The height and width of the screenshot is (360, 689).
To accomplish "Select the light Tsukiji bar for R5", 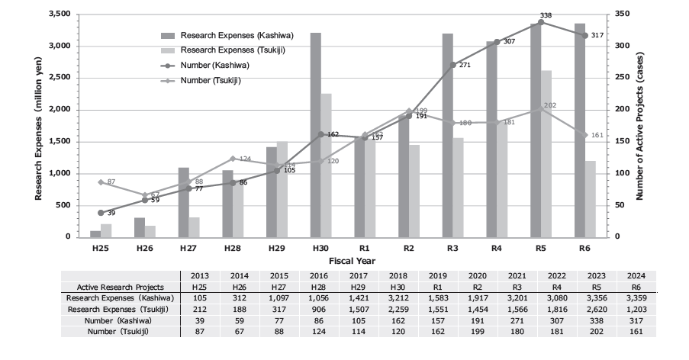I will click(546, 153).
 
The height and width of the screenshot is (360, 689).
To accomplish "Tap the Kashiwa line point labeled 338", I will click(540, 22).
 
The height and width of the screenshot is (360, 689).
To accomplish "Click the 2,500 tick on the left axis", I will click(59, 78).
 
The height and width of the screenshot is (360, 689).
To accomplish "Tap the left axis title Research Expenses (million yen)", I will click(37, 126).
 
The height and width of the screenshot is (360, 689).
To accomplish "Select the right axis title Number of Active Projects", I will click(639, 126).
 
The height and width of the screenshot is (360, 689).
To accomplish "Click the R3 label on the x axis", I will click(452, 248).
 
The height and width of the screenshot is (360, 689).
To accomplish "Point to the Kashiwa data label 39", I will click(111, 212).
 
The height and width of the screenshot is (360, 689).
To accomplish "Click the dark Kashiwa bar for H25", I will click(95, 233).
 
